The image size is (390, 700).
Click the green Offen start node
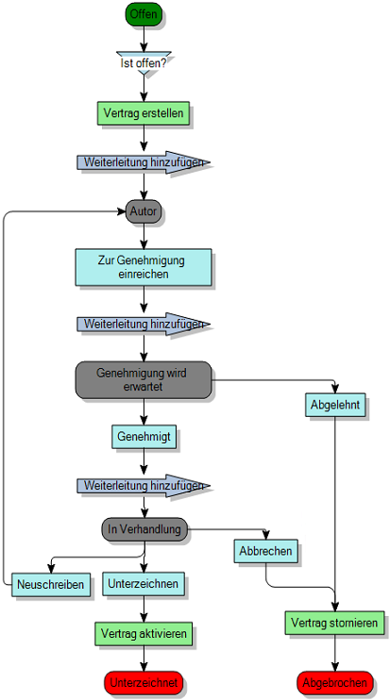(144, 15)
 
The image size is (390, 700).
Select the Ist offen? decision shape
(144, 62)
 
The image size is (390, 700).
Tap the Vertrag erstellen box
(144, 113)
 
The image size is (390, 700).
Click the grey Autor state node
(144, 211)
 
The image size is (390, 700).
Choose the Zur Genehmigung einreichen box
(144, 267)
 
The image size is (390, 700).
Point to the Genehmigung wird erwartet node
(143, 379)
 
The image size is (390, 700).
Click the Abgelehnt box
(334, 406)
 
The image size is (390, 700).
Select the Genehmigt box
(144, 438)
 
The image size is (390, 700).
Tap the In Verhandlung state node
(144, 529)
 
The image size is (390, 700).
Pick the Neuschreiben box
(50, 585)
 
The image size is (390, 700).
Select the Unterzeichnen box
(144, 584)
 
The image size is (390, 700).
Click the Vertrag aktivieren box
(144, 633)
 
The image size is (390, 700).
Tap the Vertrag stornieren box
(334, 624)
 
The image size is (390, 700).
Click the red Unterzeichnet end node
(144, 682)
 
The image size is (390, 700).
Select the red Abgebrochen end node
(334, 682)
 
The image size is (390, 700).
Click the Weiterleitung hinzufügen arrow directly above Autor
(142, 162)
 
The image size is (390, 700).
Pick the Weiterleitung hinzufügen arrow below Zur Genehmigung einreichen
(142, 325)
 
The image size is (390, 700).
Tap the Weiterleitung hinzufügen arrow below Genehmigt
(142, 486)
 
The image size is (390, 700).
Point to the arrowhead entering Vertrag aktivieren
(144, 617)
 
